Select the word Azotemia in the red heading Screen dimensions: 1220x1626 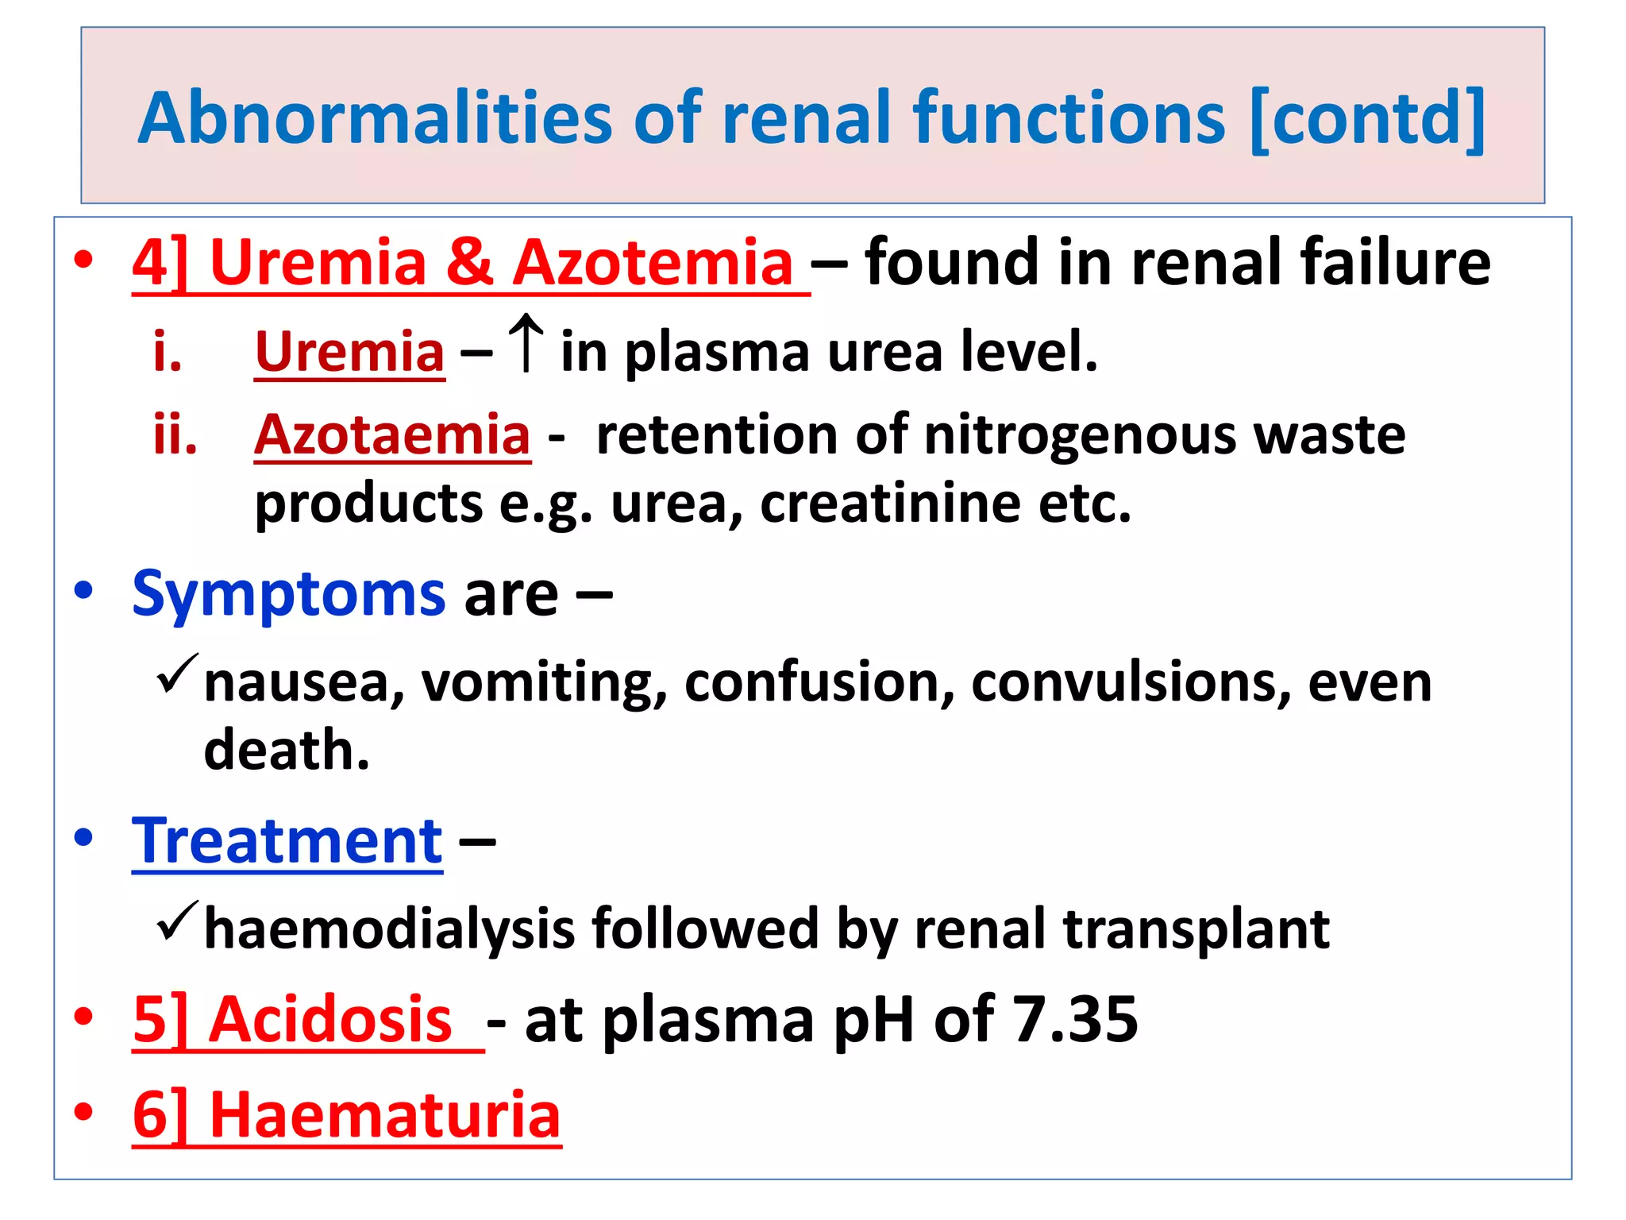[653, 262]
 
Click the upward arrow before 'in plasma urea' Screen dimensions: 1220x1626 [526, 342]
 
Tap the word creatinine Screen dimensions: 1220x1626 [890, 504]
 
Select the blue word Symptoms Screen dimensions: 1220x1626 [289, 593]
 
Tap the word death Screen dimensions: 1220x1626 [286, 750]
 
